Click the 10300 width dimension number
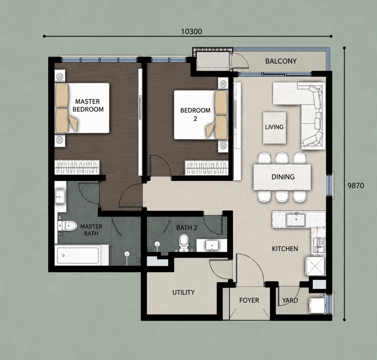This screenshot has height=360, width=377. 191,31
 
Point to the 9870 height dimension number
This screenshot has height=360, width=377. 356,185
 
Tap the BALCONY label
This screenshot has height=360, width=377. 281,61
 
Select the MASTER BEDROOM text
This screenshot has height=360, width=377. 88,105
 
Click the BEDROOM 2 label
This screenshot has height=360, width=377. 195,114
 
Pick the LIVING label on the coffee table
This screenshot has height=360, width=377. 274,127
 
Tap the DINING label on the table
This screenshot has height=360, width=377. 283,177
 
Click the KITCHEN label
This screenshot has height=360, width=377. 285,249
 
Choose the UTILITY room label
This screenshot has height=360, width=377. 184,292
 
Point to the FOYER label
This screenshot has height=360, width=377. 249,300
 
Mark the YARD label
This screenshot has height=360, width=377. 290,300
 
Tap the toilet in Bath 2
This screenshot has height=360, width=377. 184,242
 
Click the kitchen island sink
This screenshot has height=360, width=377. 295,220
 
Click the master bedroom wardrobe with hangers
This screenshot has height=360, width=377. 77,168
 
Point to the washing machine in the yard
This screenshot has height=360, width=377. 317,305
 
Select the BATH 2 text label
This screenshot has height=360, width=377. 186,228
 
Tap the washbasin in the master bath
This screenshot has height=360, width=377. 60,196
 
